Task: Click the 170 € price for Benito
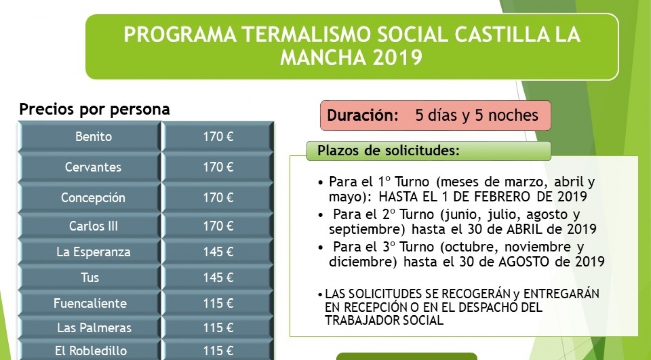(x=218, y=136)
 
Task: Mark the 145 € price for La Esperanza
(x=218, y=251)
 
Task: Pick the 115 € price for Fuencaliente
(x=218, y=303)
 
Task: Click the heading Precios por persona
(x=95, y=109)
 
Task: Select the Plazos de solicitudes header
(x=388, y=150)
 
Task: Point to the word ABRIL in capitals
(x=525, y=229)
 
